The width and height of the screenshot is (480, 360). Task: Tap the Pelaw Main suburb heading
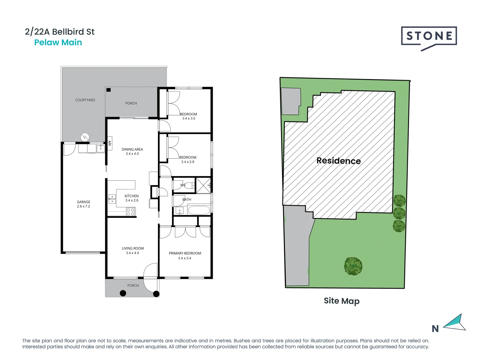tap(58, 42)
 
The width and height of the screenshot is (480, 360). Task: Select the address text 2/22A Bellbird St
tap(60, 32)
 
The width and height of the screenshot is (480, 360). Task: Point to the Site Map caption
tap(341, 301)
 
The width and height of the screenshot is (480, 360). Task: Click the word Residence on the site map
tap(338, 161)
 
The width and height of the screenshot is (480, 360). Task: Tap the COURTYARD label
tap(85, 100)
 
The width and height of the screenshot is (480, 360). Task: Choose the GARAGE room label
tap(83, 202)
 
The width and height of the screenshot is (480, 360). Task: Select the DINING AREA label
tap(132, 149)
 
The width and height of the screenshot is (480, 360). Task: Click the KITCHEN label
tap(131, 196)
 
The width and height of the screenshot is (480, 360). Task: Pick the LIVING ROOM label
tap(133, 248)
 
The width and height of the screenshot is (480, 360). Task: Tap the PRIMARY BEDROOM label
tap(185, 253)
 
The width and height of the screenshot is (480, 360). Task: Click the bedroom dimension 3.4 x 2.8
tap(187, 162)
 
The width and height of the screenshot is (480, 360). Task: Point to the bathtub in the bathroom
tap(199, 210)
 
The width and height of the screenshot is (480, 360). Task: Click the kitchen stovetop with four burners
tap(130, 212)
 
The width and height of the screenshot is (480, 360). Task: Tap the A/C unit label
tap(110, 143)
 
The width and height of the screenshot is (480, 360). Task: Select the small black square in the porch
tap(108, 90)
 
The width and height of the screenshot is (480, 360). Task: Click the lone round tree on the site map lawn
tap(353, 266)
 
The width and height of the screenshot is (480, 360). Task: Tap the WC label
tap(183, 185)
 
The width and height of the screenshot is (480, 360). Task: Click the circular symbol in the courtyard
tap(85, 137)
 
